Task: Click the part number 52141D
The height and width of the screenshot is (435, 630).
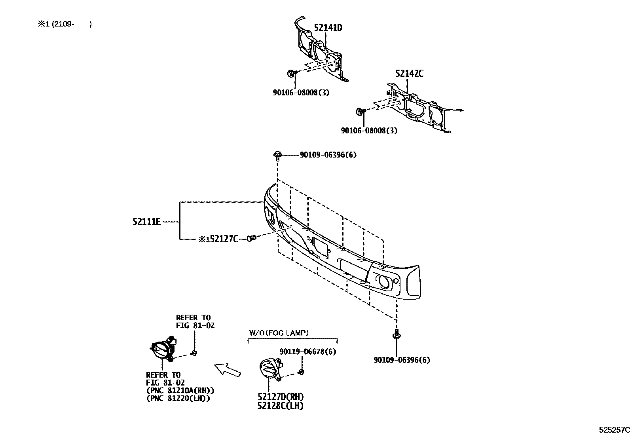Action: click(328, 28)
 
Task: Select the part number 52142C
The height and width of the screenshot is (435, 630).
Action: click(409, 74)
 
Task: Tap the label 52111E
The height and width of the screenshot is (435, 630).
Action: click(147, 222)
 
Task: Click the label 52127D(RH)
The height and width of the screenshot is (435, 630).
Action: click(281, 397)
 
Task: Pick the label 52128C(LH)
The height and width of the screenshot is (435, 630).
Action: click(281, 406)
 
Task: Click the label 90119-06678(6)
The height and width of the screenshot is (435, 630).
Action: click(308, 351)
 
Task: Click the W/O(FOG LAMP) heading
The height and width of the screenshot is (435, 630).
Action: click(279, 333)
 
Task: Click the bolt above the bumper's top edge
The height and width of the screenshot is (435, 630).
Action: click(277, 155)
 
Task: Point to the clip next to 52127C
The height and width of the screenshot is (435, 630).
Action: click(251, 238)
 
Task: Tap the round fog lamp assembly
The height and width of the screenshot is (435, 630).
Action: click(162, 350)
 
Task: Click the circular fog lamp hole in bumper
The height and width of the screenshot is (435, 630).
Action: click(384, 281)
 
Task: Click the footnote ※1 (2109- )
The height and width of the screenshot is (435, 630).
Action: click(65, 24)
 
